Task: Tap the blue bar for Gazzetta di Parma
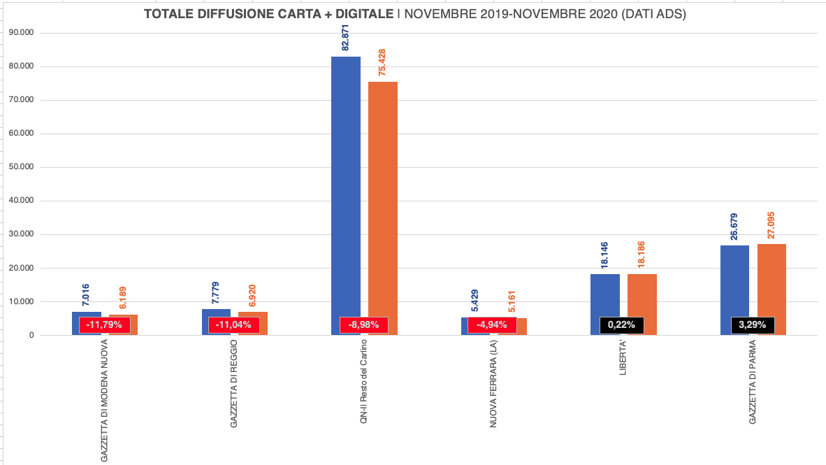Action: pyautogui.click(x=734, y=280)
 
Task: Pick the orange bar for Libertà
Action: pyautogui.click(x=642, y=294)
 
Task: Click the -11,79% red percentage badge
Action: pyautogui.click(x=104, y=324)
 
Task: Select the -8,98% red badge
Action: pyautogui.click(x=364, y=324)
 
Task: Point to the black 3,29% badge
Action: pyautogui.click(x=753, y=324)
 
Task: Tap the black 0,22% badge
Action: pyautogui.click(x=622, y=324)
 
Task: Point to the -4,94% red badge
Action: pyautogui.click(x=492, y=324)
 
